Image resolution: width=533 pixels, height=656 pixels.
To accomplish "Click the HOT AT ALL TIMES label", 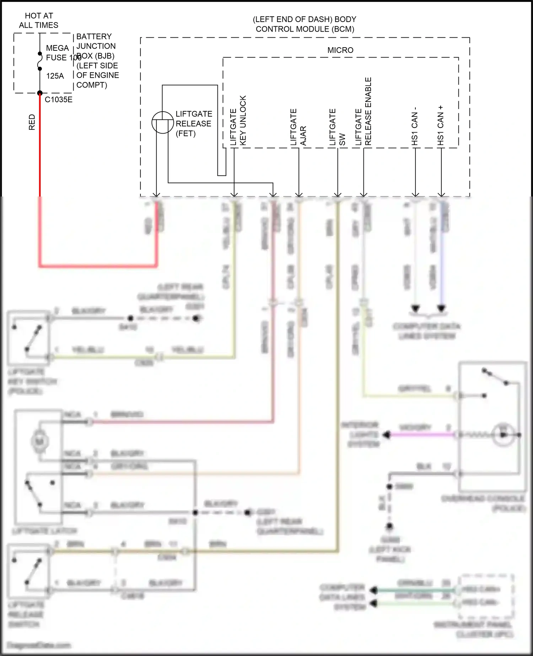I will [39, 21].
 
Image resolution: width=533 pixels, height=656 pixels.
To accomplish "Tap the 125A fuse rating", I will [55, 76].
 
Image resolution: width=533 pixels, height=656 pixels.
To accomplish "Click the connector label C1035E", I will [59, 100].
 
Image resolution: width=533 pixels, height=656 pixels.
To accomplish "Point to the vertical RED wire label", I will [32, 122].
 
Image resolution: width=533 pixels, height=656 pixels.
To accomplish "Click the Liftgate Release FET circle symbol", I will [162, 122].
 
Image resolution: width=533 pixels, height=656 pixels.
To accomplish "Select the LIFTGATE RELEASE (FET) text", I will [194, 124].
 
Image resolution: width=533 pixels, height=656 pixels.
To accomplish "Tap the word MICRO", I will [340, 50].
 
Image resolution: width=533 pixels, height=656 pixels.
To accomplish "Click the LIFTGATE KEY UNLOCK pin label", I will [238, 121].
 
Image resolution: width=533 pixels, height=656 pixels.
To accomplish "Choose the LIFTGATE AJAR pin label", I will [298, 127].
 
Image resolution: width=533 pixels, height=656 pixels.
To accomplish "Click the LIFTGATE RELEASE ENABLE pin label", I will [363, 112].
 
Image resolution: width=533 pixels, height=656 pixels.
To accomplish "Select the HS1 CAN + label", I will [441, 125].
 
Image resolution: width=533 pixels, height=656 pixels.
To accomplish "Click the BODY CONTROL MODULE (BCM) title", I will [305, 24].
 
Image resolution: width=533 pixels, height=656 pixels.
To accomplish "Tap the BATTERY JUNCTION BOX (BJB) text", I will [96, 46].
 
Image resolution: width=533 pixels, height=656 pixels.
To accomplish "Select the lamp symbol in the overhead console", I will [503, 435].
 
